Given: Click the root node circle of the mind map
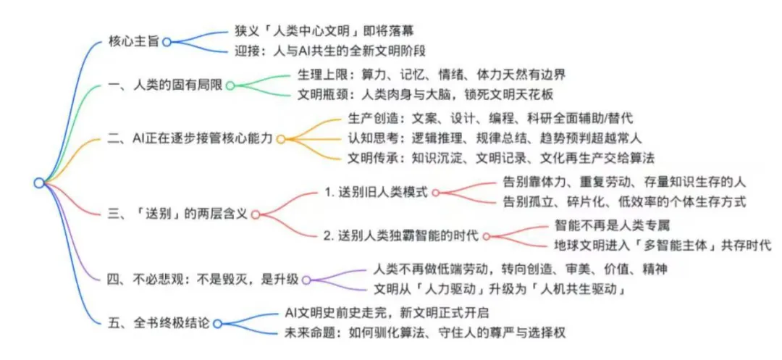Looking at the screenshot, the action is click(x=38, y=183).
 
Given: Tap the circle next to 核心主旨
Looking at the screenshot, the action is click(x=167, y=42).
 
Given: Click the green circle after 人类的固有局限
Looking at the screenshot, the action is click(x=230, y=85).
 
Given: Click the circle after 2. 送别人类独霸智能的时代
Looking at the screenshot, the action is click(x=487, y=236).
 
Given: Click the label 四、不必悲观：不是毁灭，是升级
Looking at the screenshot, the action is click(x=203, y=280).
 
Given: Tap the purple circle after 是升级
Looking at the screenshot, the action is click(x=306, y=280).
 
